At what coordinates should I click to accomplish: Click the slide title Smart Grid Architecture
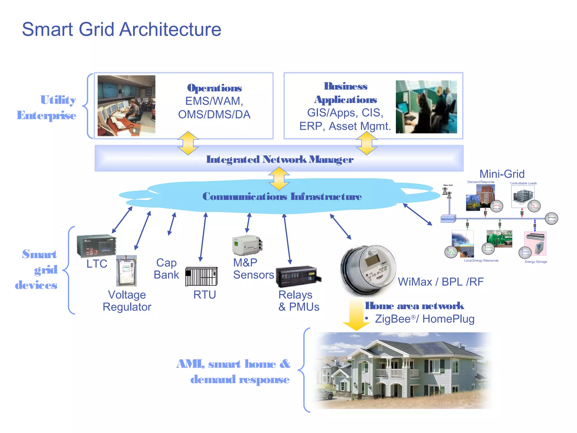121,29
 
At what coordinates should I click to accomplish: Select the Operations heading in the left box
214,88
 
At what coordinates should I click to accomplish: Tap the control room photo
126,106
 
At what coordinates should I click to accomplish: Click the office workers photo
426,107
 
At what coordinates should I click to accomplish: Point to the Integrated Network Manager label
279,160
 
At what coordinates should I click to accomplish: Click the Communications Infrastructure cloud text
282,196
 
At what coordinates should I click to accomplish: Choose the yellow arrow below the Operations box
188,143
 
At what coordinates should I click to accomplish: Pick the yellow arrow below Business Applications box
366,143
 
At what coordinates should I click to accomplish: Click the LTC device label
97,264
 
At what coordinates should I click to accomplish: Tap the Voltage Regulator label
127,301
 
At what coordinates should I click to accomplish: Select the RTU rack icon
201,277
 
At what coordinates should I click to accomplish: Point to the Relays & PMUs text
299,301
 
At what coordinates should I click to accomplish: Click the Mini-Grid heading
502,174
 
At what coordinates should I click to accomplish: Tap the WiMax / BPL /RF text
441,282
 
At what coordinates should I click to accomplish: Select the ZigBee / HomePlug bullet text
424,319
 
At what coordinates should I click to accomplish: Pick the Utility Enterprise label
47,108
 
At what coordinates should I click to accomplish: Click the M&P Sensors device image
247,245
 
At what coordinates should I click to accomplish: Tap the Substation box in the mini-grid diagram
447,219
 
